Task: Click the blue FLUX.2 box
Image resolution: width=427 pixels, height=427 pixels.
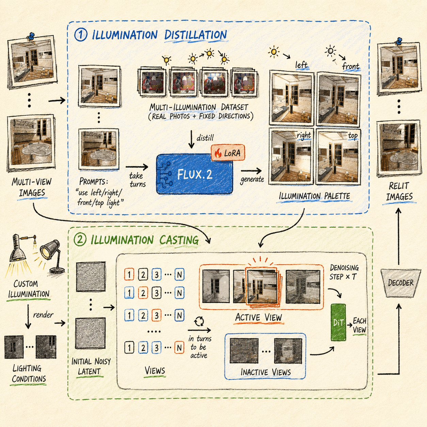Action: (194, 174)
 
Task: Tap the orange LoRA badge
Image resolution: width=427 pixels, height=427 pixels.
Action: (228, 153)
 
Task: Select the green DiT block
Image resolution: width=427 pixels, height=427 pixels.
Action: (338, 322)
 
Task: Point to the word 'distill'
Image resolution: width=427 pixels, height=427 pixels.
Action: (205, 138)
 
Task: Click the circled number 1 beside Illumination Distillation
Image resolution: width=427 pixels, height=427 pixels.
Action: (81, 35)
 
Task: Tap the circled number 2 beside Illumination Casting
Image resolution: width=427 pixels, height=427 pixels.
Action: (80, 240)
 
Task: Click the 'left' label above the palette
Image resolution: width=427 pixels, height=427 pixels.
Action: (301, 65)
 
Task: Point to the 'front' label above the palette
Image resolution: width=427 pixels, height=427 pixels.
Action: (350, 66)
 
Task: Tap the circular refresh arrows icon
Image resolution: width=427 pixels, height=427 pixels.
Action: (199, 321)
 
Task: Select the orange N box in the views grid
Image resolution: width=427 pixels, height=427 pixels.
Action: (179, 348)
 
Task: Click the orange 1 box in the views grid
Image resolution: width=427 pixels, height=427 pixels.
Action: (129, 274)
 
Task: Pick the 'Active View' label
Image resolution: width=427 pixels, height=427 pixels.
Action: (258, 317)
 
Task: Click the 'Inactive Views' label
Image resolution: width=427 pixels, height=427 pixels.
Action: (266, 372)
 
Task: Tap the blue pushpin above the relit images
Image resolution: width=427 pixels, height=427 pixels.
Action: (399, 41)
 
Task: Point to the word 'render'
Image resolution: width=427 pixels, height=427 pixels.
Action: (43, 315)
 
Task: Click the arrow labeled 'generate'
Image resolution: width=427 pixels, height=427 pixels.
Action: (251, 171)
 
